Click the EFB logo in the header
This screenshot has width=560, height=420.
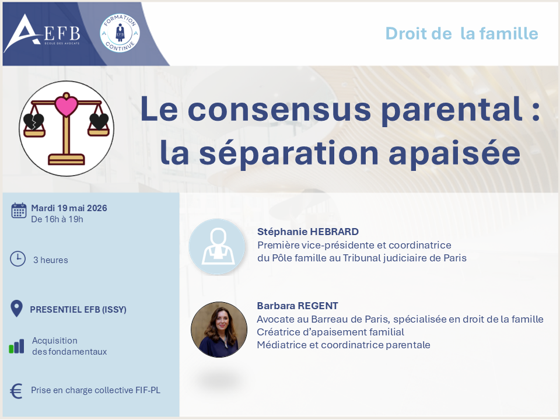pos(42,34)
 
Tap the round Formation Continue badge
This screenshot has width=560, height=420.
pos(120,33)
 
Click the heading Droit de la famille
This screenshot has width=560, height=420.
pos(461,34)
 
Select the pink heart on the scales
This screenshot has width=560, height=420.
pos(66,106)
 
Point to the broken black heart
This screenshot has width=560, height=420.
pos(34,121)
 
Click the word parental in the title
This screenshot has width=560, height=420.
pos(452,109)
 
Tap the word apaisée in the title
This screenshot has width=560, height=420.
pos(454,153)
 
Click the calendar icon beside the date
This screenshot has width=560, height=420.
pos(19,211)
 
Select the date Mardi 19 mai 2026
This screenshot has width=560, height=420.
pos(69,208)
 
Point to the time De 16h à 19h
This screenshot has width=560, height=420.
pos(57,219)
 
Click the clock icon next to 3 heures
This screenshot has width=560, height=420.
pos(17,258)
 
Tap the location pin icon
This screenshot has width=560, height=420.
pos(16,309)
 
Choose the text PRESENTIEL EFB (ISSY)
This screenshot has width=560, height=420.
pos(78,309)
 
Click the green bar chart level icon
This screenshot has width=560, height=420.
pos(16,346)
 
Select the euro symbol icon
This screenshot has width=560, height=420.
pos(16,391)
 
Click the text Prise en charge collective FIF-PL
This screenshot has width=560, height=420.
pos(96,390)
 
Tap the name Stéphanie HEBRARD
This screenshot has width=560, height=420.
pos(308,232)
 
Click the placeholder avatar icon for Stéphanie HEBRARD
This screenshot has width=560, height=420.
pos(217,246)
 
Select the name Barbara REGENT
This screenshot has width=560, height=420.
pos(297,306)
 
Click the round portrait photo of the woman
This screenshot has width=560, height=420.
pos(219,330)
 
